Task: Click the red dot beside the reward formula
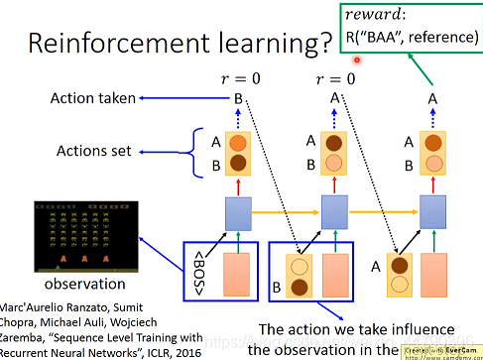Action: click(355, 60)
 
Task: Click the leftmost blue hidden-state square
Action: click(237, 211)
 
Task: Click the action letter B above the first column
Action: click(237, 98)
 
